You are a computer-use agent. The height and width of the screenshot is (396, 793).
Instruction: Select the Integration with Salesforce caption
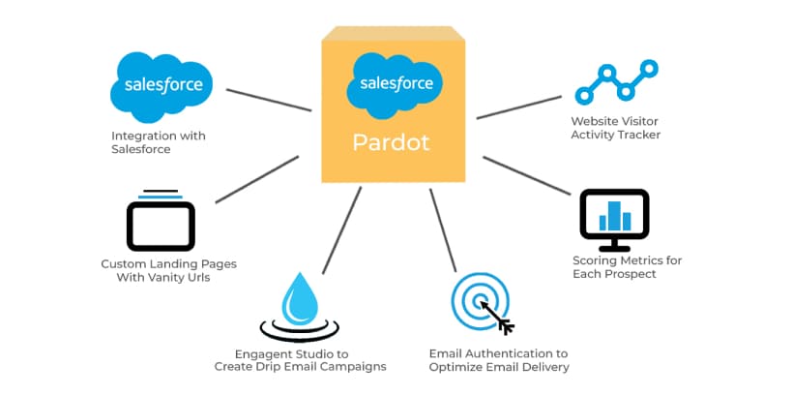tap(158, 142)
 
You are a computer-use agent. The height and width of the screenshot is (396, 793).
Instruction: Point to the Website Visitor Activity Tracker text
tap(615, 128)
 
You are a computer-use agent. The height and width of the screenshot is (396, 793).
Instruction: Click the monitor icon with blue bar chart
tap(614, 214)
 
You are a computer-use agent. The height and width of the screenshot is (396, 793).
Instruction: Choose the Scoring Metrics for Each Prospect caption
tap(614, 267)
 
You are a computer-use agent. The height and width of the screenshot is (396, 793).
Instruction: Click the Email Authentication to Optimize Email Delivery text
tap(498, 360)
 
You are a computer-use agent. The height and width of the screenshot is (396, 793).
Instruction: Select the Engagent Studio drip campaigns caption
tap(300, 360)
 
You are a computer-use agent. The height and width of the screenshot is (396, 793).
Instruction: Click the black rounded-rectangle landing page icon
tap(161, 224)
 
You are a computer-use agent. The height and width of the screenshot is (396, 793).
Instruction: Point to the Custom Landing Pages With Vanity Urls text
tap(168, 270)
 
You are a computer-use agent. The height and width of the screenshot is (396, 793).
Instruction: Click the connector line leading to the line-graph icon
tap(519, 107)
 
